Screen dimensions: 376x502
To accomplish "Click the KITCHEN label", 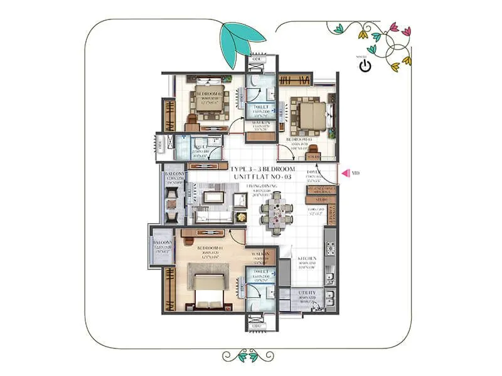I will tap(307, 258).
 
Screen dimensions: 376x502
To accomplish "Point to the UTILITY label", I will tap(307, 293).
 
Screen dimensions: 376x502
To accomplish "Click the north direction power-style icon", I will tap(365, 66).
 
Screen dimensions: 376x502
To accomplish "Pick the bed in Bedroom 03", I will tap(311, 116).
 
